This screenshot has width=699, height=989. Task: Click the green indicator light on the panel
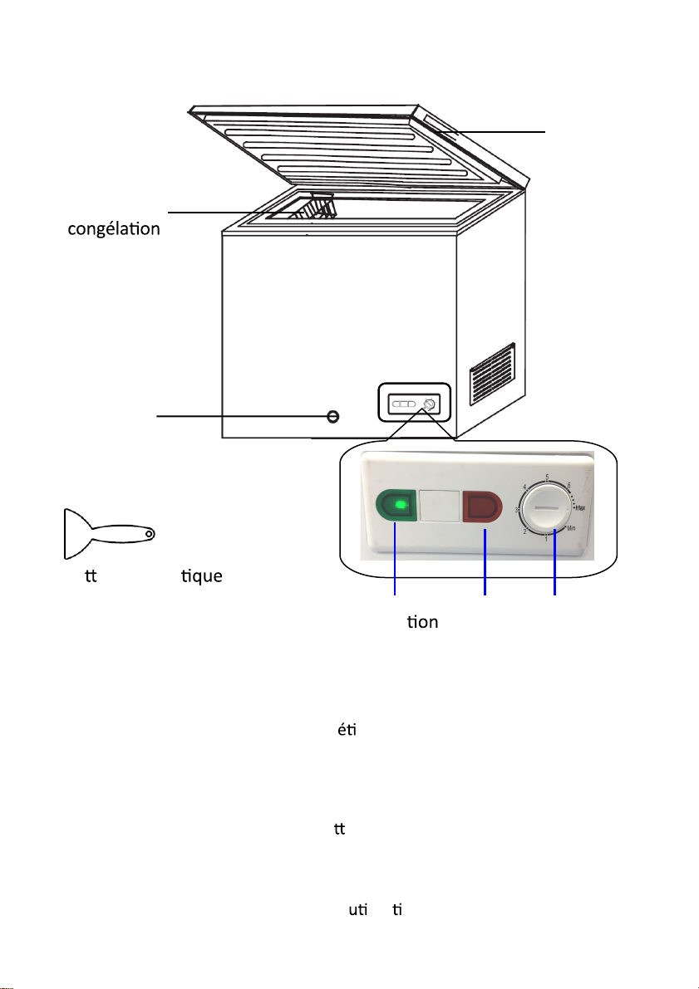pos(398,505)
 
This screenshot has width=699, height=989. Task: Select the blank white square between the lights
pos(440,505)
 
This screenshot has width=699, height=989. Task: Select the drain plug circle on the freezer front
pos(332,415)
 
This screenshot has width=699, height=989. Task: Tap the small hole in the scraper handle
pos(149,532)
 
